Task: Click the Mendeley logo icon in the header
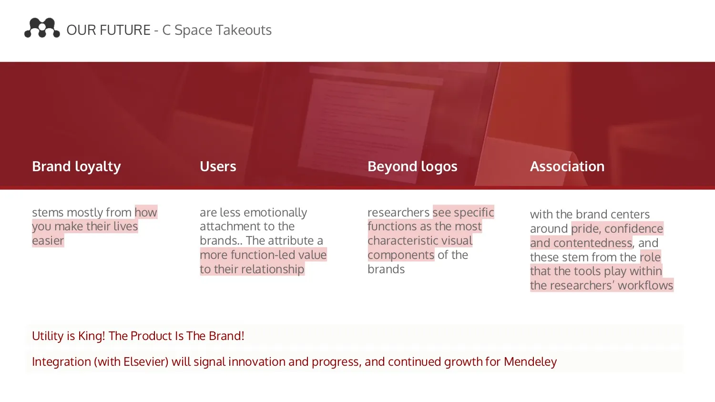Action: [42, 28]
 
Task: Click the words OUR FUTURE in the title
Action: [109, 30]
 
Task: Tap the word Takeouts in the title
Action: [244, 30]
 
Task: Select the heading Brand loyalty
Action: [77, 167]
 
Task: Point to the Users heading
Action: [218, 166]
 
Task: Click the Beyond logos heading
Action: [412, 167]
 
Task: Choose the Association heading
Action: [567, 166]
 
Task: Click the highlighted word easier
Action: [48, 241]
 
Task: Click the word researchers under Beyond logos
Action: [398, 213]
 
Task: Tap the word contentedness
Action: [593, 243]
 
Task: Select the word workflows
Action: [645, 286]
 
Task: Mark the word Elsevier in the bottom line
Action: [146, 362]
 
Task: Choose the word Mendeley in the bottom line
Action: [531, 362]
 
